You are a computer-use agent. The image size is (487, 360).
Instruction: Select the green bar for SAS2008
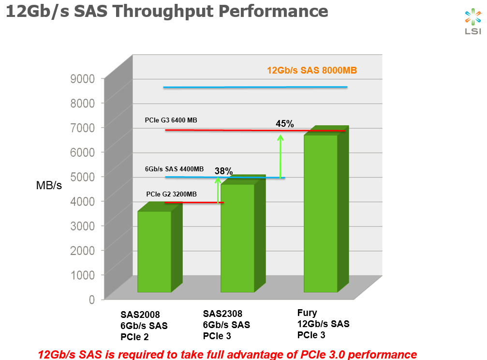click(x=154, y=252)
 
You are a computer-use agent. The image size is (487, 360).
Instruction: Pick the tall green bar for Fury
click(x=321, y=213)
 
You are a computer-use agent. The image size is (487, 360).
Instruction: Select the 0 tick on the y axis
click(x=91, y=299)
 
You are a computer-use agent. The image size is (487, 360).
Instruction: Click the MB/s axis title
click(x=49, y=185)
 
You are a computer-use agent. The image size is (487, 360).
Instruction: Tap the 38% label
click(x=224, y=171)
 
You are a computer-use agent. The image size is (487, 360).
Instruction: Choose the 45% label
click(x=285, y=124)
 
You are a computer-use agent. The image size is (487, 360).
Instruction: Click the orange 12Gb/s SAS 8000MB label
click(x=312, y=71)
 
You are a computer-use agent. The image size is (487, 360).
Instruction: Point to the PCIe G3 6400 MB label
click(x=171, y=120)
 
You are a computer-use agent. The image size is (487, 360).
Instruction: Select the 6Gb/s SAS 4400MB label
click(x=174, y=169)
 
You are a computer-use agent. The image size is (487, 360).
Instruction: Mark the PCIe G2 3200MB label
click(x=172, y=194)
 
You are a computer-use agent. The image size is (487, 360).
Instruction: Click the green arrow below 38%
click(x=218, y=190)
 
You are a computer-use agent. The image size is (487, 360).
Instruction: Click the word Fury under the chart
click(x=307, y=313)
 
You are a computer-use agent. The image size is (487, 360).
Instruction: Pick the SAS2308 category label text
click(x=223, y=314)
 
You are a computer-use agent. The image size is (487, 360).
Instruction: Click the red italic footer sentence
click(x=227, y=354)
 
